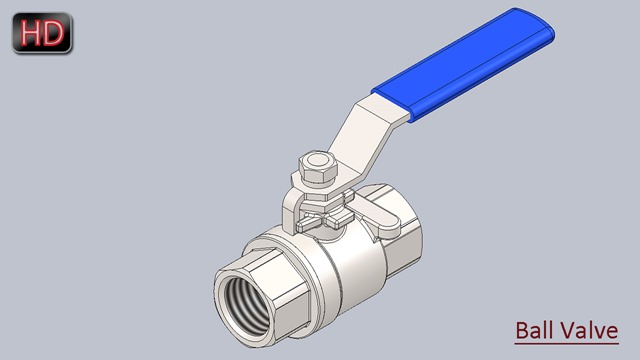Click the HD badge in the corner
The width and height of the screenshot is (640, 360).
pos(42,33)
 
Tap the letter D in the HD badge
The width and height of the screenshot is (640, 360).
pos(53,33)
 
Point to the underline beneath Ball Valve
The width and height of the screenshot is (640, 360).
pos(567,343)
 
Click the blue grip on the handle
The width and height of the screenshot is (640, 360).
pos(463,64)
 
